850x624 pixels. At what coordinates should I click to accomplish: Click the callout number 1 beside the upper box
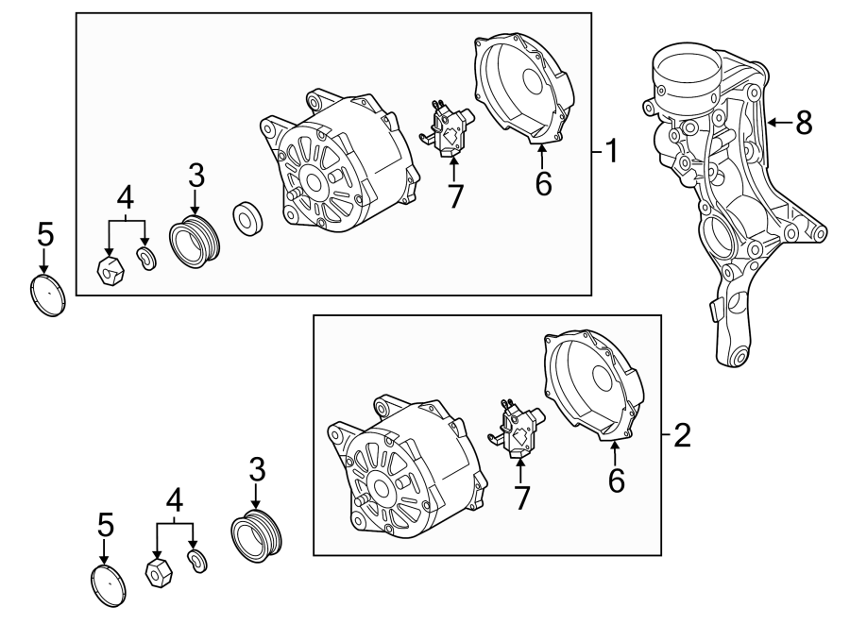[x=611, y=150]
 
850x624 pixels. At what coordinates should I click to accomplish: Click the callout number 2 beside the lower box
[x=682, y=435]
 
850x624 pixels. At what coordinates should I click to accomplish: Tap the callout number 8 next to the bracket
[x=804, y=122]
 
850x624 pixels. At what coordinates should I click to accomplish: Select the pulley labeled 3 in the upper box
[x=194, y=239]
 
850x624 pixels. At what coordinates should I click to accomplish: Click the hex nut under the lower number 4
[x=157, y=571]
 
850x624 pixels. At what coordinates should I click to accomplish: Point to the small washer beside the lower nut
[x=197, y=563]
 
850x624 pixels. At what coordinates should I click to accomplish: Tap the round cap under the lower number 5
[x=110, y=585]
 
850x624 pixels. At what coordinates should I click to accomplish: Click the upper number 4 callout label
[x=127, y=199]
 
